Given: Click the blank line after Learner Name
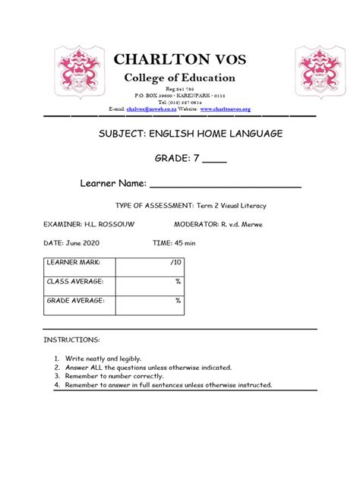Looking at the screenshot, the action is tap(226, 185).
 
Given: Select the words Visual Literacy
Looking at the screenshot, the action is tap(239, 205).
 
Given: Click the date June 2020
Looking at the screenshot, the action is tap(83, 242).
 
